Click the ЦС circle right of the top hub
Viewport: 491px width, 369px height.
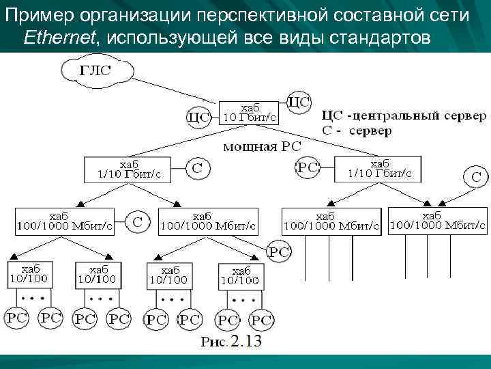299,102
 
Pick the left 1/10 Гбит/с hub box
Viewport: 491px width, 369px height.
128,169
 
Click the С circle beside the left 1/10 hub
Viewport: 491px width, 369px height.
196,168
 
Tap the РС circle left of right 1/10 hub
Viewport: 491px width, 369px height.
307,168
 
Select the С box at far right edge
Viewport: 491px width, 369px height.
476,176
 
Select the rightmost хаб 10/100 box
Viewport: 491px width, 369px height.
240,275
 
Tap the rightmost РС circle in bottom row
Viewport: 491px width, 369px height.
261,318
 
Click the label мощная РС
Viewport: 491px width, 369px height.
263,146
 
